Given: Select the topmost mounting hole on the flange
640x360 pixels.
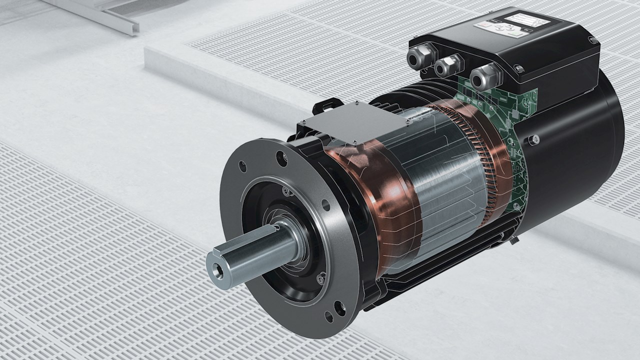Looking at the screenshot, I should (x=282, y=159).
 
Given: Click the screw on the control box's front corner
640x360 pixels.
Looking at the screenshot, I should (x=519, y=68).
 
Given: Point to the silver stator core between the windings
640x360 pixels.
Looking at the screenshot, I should (x=445, y=185).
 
